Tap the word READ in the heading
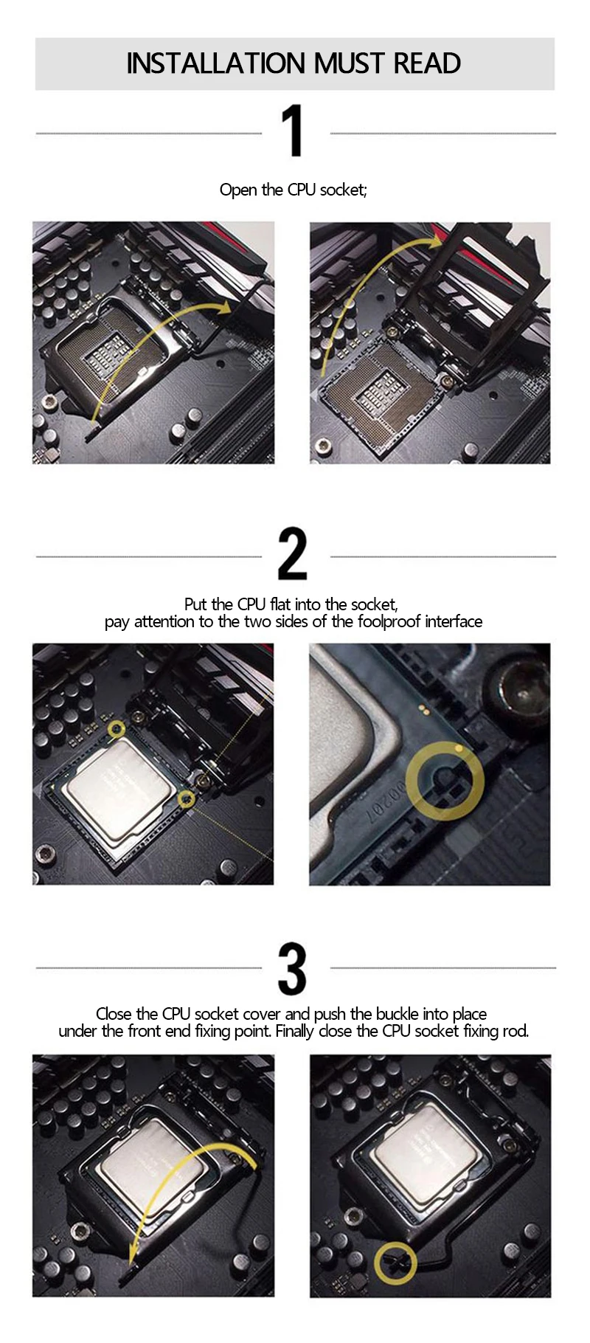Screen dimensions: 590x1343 [427, 63]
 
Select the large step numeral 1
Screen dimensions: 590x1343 [293, 131]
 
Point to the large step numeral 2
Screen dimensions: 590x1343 [293, 553]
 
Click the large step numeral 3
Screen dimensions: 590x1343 [293, 968]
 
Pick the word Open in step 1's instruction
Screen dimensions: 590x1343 [238, 190]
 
